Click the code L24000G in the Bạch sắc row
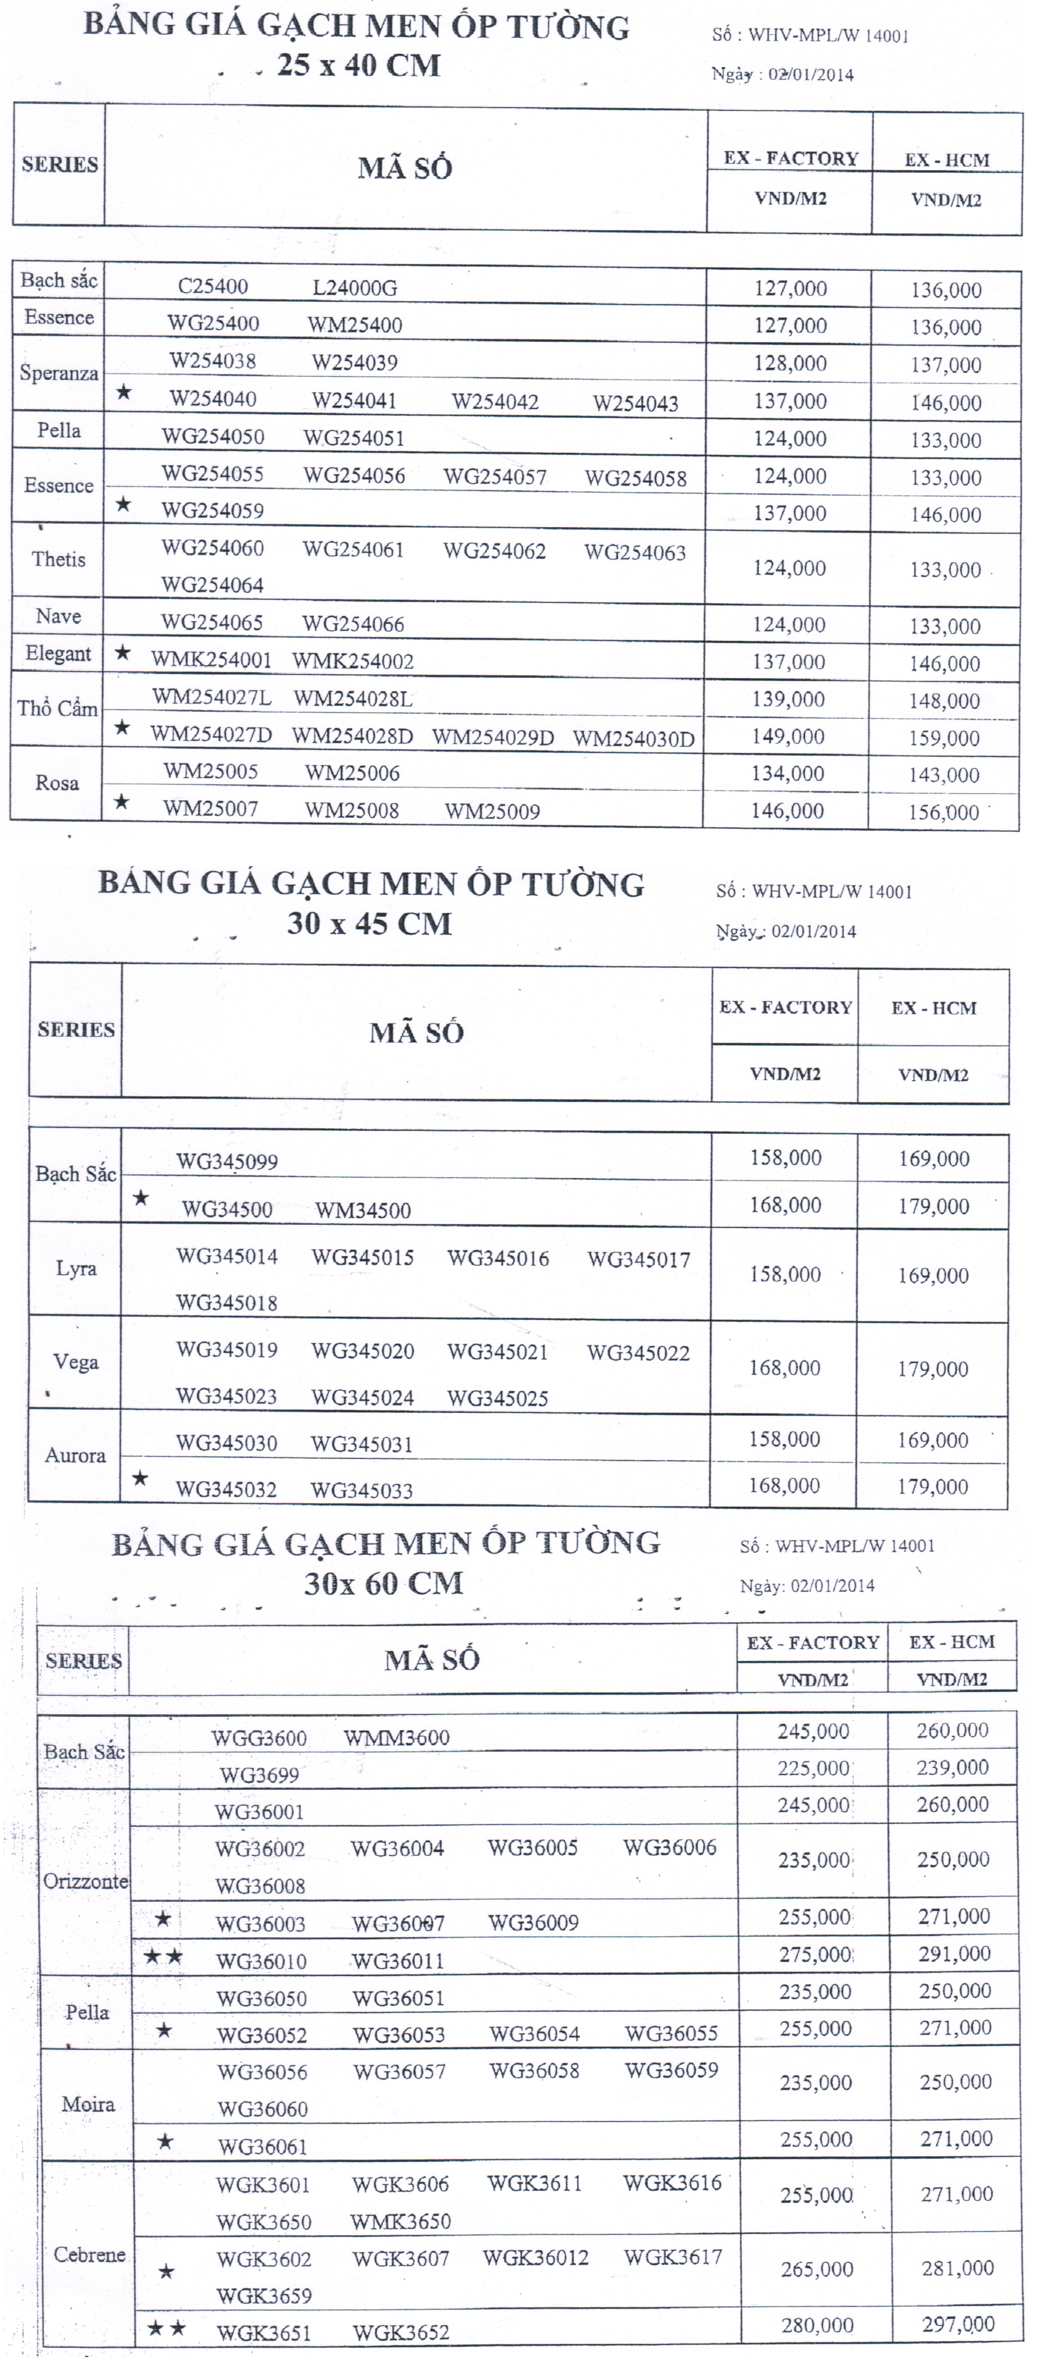[x=355, y=288]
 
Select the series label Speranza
[x=59, y=373]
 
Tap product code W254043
[x=635, y=402]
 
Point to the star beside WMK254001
[x=122, y=653]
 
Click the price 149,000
[x=788, y=737]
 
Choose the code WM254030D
[x=633, y=738]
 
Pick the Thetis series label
[x=59, y=559]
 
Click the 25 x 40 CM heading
[x=359, y=65]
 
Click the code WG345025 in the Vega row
[x=498, y=1398]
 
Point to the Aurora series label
[x=75, y=1455]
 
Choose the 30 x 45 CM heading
[x=369, y=923]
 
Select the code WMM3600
[x=396, y=1737]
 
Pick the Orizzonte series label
[x=86, y=1881]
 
